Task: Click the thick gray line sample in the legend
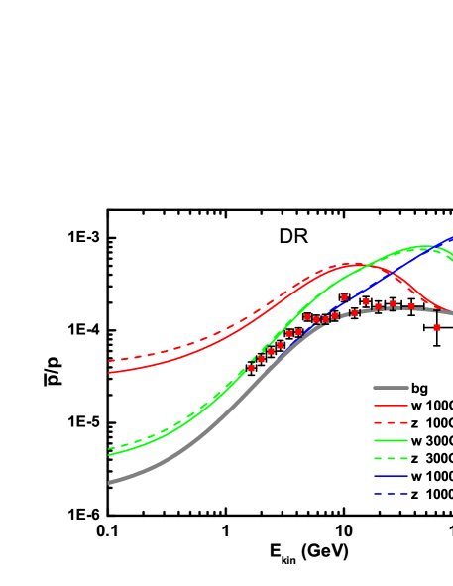[391, 388]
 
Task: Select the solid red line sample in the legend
[391, 406]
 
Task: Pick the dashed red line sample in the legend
[391, 422]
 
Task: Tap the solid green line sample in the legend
[391, 440]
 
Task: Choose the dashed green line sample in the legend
[391, 458]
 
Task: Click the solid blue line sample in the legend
[391, 476]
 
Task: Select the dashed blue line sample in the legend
[391, 494]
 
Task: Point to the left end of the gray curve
[109, 483]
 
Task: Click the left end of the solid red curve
[109, 373]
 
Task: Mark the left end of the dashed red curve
[109, 361]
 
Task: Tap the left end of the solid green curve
[109, 453]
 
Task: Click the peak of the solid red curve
[352, 265]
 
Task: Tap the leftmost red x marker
[252, 368]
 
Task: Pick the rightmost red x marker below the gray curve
[436, 327]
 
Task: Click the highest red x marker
[345, 297]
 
